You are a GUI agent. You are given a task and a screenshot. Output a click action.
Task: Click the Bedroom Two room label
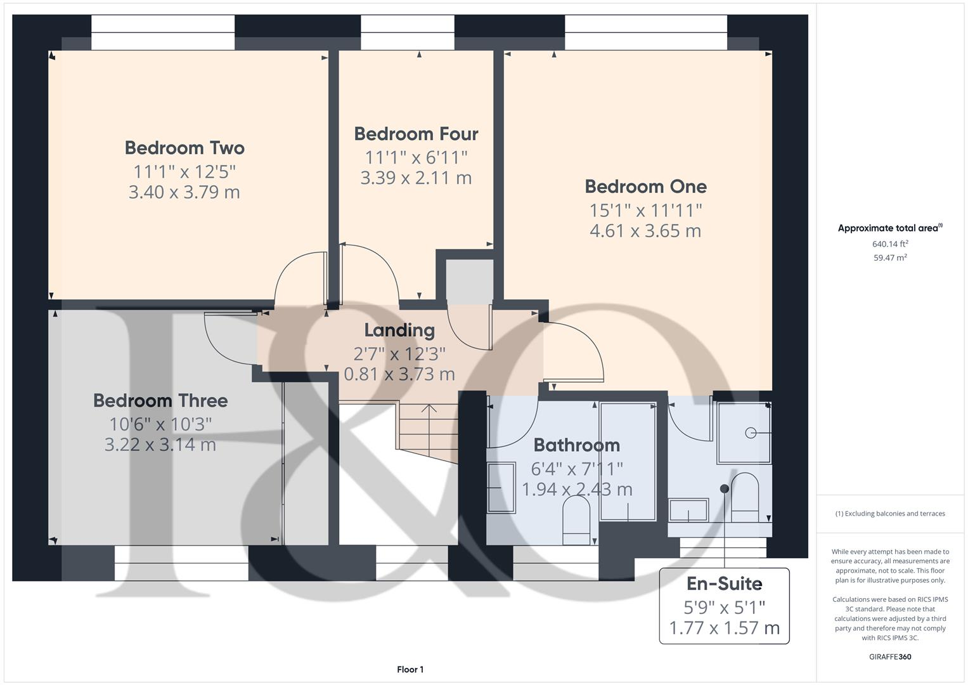click(184, 148)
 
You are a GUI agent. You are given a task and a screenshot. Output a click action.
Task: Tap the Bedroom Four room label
click(416, 134)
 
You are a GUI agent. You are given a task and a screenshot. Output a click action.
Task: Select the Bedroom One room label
click(645, 186)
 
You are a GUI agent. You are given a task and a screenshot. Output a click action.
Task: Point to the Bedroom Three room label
click(160, 400)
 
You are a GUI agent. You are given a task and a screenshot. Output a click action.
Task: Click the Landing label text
click(399, 330)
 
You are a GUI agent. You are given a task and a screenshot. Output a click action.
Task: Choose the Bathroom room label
click(576, 445)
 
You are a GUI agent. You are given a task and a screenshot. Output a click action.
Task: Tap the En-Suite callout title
click(724, 584)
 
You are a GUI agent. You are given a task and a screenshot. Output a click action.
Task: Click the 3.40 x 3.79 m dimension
click(184, 192)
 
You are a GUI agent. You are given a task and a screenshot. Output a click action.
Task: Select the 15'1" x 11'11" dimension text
click(645, 209)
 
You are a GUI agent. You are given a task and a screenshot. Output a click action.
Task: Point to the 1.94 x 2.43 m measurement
click(576, 490)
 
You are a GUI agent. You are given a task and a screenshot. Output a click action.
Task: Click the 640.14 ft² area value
click(890, 244)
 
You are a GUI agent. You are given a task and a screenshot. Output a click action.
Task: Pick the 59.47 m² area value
click(890, 258)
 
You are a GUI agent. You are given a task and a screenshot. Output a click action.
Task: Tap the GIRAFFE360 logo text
click(889, 656)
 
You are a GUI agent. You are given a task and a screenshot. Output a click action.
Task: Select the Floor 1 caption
click(410, 669)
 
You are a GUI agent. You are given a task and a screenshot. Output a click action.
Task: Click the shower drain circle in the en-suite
click(751, 433)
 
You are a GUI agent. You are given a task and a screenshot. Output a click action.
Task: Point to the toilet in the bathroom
click(576, 517)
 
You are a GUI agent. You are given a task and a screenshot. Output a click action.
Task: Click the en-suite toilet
click(745, 495)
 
